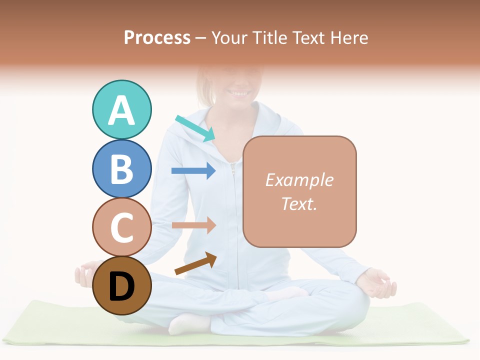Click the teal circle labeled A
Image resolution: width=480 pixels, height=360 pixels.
coord(121,109)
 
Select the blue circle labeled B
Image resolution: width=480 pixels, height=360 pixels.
coord(121,168)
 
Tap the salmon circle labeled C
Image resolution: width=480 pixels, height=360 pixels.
coord(121,227)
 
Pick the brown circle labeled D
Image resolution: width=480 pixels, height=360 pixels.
coord(121,286)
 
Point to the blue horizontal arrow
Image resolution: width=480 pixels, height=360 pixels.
coord(193,171)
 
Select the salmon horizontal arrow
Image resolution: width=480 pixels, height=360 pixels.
coord(193,225)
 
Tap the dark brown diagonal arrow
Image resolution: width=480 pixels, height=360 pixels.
coord(196,264)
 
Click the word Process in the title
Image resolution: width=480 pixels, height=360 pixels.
coord(157,37)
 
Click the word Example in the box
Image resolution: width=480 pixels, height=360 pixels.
coord(299,180)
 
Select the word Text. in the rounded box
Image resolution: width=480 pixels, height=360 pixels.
coord(299,203)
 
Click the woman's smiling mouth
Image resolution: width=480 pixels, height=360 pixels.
coord(239,93)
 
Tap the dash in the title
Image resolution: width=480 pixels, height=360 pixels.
coord(201,38)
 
